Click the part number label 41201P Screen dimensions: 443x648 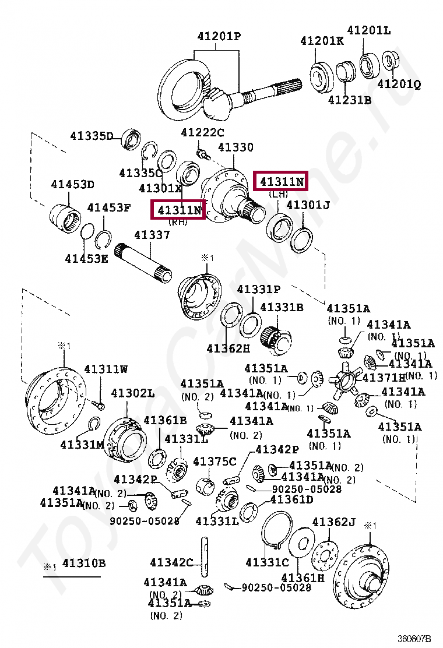(219, 37)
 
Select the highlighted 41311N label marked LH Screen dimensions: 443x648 (282, 182)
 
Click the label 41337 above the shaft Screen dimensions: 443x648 (152, 235)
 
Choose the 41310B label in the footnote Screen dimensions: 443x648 (84, 563)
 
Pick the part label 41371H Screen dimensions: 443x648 (384, 378)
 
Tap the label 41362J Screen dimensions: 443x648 (333, 522)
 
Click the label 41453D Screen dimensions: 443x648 (72, 185)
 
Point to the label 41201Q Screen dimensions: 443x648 (399, 84)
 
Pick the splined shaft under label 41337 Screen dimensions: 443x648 (143, 262)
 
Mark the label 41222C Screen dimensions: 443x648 (202, 132)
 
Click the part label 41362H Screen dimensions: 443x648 (228, 348)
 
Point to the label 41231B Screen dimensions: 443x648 (349, 100)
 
